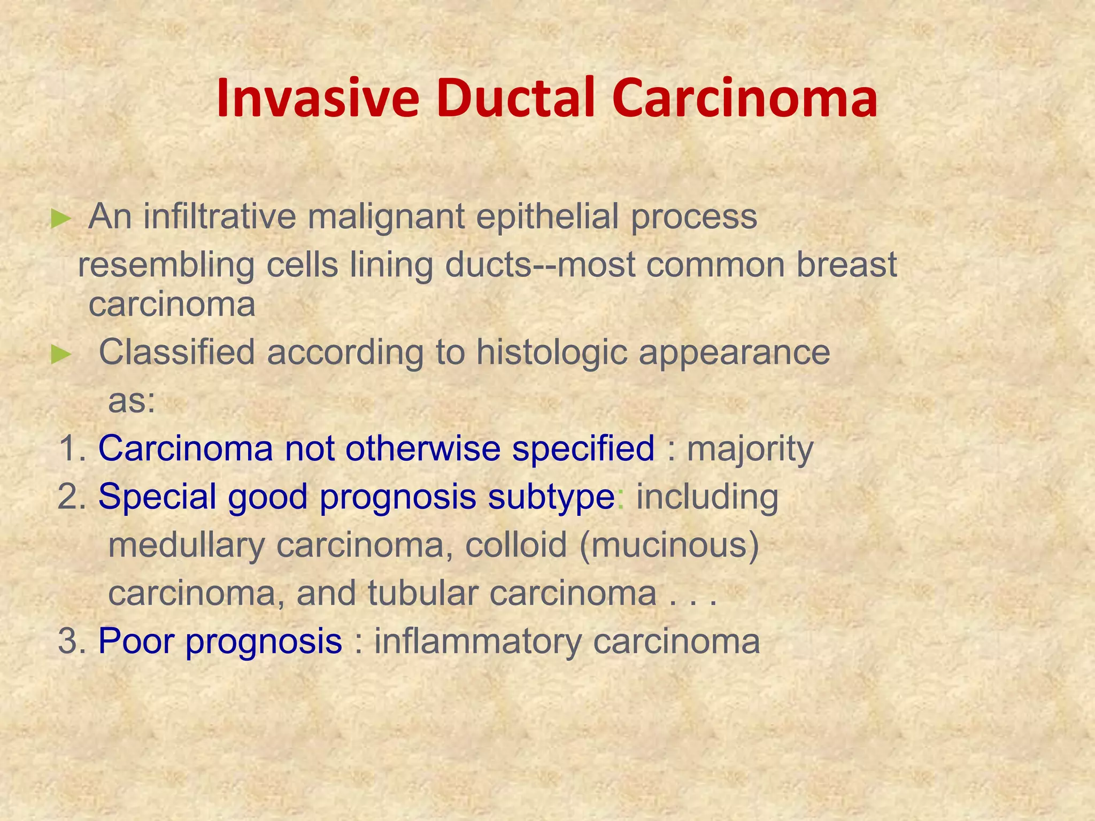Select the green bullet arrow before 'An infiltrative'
click(x=60, y=219)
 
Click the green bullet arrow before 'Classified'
click(x=60, y=354)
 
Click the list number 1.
click(x=71, y=448)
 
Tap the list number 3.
click(x=71, y=641)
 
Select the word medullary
click(x=186, y=546)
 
